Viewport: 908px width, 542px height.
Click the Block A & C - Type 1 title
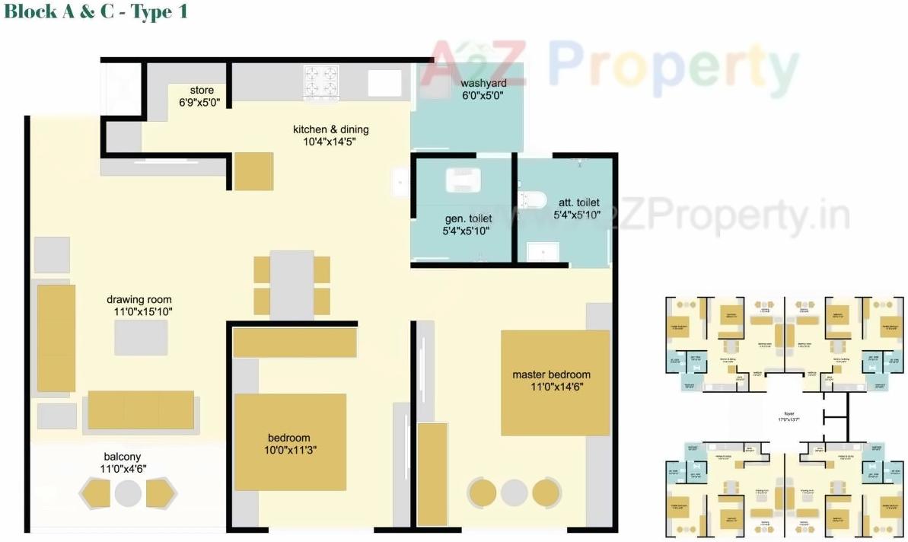point(96,12)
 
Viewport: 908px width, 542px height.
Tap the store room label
point(202,90)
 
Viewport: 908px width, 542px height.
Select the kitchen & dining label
point(330,129)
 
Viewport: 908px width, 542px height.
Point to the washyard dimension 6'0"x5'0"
point(483,96)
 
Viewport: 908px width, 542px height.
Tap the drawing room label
point(139,299)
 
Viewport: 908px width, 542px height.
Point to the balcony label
point(123,457)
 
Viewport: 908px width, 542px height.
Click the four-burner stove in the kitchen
point(321,81)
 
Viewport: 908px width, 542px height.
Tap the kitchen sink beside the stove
point(384,82)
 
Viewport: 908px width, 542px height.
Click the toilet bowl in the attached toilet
point(531,199)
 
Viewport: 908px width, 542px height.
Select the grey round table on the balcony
point(128,494)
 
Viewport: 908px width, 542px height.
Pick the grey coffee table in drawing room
point(141,337)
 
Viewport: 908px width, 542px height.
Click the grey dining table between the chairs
point(292,285)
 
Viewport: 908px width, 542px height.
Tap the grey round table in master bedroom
point(515,493)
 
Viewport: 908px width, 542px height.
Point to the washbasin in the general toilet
point(463,180)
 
